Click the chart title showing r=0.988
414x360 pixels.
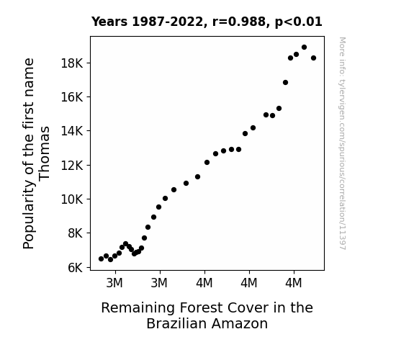click(207, 22)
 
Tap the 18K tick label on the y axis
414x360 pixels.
click(72, 63)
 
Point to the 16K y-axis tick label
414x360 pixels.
click(72, 97)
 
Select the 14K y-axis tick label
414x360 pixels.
click(72, 131)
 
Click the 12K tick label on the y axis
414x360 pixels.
click(72, 166)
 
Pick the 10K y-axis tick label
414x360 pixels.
click(72, 199)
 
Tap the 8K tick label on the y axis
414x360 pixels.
click(76, 233)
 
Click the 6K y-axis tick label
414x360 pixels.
click(76, 268)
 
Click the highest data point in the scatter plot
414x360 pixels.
click(304, 48)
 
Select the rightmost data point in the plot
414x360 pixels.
click(314, 58)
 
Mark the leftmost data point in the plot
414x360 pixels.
click(101, 259)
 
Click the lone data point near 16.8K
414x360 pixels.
click(285, 82)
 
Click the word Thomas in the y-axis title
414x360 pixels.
click(44, 154)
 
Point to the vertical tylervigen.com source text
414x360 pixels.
click(342, 143)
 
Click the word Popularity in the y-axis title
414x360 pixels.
click(29, 215)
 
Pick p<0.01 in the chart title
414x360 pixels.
click(299, 22)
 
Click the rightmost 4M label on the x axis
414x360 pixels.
click(293, 283)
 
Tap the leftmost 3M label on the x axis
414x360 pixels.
click(114, 283)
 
